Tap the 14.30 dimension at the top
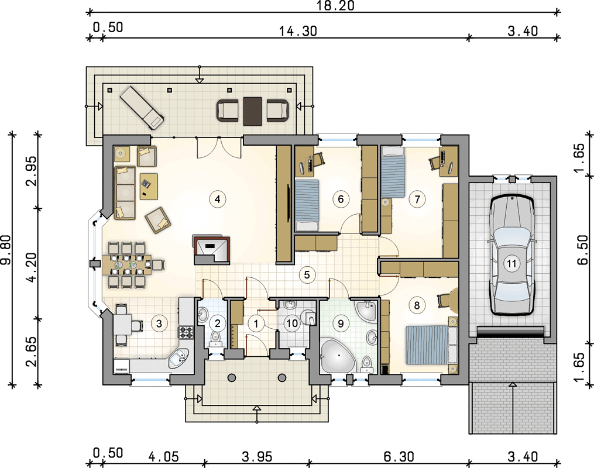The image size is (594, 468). [298, 31]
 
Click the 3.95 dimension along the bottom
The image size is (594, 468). [257, 456]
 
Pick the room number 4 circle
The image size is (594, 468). [218, 199]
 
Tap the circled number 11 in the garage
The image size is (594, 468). [512, 263]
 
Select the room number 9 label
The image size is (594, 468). [341, 323]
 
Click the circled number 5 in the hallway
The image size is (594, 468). [307, 274]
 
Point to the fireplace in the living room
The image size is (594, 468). [212, 250]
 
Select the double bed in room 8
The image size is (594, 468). [432, 345]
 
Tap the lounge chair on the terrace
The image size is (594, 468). [142, 106]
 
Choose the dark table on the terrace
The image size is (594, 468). [253, 111]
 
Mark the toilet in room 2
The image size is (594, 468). [216, 338]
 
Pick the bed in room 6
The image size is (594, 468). [307, 205]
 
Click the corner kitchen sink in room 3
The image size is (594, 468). [180, 357]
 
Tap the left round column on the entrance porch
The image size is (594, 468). [232, 377]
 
